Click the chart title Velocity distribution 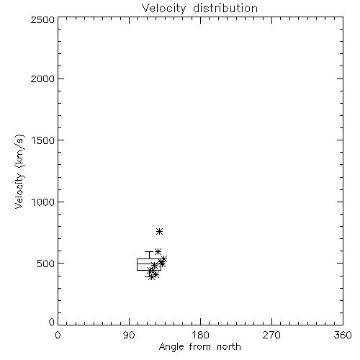coord(199,9)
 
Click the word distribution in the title coord(225,9)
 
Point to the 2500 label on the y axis coord(42,19)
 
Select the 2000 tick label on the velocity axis coord(42,78)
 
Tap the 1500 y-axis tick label coord(43,140)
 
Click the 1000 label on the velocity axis coord(43,202)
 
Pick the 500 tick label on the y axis coord(46,264)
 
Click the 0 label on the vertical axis coord(52,322)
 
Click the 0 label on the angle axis coord(58,335)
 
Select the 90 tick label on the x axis coord(129,335)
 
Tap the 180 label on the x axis coord(200,335)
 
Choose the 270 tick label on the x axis coord(271,335)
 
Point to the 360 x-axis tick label coord(343,335)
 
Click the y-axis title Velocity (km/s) coord(19,171)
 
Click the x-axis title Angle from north coord(199,347)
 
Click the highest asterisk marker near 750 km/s coord(160,232)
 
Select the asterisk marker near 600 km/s coord(158,251)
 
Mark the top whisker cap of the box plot coord(149,251)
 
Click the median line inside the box coord(149,264)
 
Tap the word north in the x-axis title coord(229,346)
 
